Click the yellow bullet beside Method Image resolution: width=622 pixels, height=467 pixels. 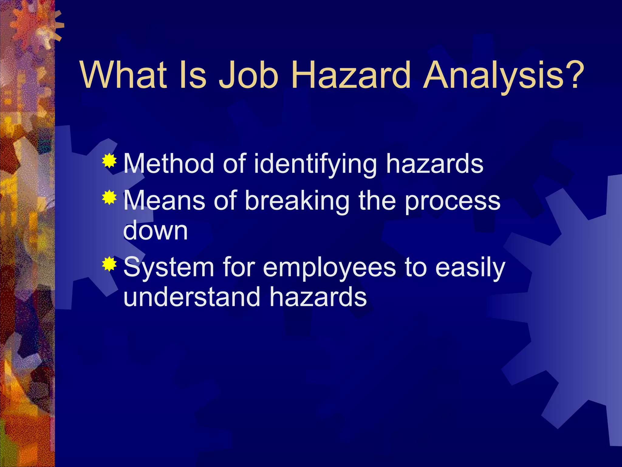click(x=109, y=161)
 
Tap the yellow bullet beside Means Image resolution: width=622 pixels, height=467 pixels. click(x=109, y=198)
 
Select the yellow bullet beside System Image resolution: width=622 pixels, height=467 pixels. click(x=109, y=264)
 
